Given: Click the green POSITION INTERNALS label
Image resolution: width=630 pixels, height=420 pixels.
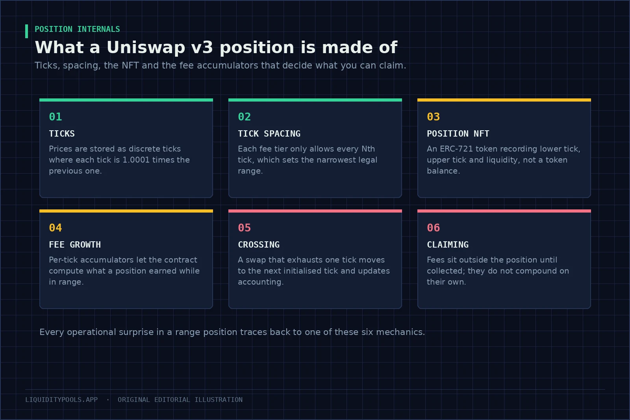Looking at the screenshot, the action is [x=77, y=29].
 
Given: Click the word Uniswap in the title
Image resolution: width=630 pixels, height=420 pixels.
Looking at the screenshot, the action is [x=146, y=47].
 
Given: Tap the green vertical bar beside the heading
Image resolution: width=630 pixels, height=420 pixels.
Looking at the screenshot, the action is [x=27, y=31].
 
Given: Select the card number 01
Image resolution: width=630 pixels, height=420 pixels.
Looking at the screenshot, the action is [x=56, y=117].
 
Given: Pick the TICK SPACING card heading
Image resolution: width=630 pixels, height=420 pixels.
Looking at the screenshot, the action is [x=269, y=133].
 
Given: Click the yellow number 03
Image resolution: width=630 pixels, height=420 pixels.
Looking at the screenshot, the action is [x=434, y=117].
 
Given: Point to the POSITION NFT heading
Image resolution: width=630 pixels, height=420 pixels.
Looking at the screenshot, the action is [x=458, y=133].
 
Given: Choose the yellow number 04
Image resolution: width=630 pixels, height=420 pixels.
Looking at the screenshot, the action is [x=56, y=228].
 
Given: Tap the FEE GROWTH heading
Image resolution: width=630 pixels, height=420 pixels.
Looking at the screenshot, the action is [x=75, y=244].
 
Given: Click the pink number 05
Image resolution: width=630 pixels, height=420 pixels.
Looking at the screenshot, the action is [x=245, y=228].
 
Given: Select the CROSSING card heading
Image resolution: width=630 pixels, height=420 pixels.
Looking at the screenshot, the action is [x=259, y=244].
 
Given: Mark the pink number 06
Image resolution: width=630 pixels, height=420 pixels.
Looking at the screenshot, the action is [x=434, y=228].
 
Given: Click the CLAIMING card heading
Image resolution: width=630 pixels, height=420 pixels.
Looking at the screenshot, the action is [x=448, y=244].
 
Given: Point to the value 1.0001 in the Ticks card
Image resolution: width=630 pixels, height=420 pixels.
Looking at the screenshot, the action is [x=136, y=160].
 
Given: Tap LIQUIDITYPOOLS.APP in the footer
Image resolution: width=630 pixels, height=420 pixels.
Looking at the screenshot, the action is [x=61, y=400].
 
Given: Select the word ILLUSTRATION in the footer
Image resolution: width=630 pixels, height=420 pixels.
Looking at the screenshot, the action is [x=219, y=400].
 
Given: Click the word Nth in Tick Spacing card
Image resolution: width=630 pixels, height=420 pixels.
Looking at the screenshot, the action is [x=368, y=149].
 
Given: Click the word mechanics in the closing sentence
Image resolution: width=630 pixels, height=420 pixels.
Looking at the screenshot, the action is [x=400, y=332].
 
